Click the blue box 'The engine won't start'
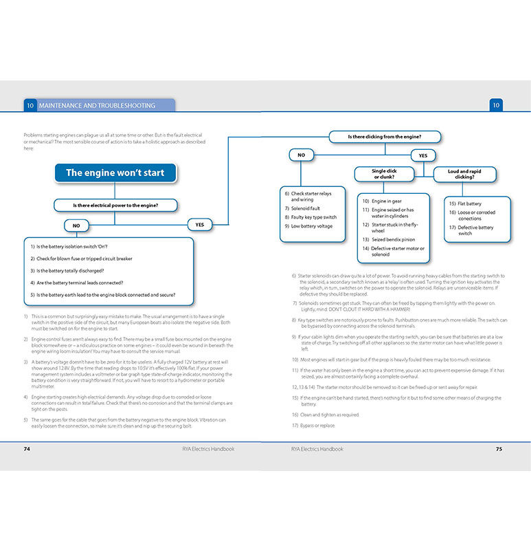[x=115, y=173]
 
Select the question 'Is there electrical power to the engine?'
[x=115, y=205]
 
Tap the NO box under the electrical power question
[x=76, y=225]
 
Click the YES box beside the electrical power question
[x=200, y=224]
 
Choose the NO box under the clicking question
[x=301, y=155]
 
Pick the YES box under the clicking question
[x=423, y=155]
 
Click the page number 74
[x=27, y=449]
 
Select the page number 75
[x=499, y=449]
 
